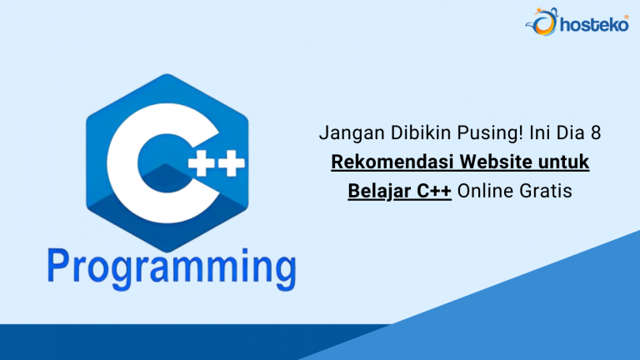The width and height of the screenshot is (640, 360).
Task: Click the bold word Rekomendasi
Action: tap(390, 162)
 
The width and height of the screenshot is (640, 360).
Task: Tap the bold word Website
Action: tap(492, 162)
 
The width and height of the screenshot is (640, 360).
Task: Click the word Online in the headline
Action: tap(486, 190)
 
